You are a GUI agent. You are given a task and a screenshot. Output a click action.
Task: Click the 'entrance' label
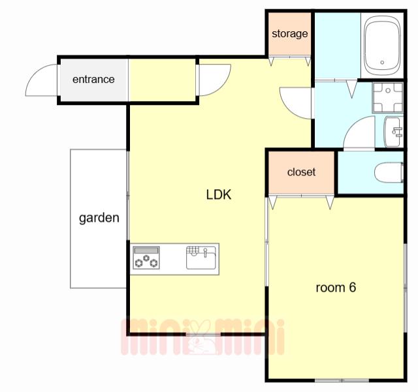coord(93,80)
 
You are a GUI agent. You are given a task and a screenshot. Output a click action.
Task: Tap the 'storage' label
coord(290,34)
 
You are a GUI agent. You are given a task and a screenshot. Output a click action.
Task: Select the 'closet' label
coord(301,172)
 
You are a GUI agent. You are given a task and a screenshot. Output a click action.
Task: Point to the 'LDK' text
coord(219,194)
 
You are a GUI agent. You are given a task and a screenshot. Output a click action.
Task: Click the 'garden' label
coord(99,218)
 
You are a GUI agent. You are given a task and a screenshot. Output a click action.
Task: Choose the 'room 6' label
coord(336,288)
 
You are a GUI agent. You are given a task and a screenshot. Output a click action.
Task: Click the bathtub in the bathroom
coord(382,46)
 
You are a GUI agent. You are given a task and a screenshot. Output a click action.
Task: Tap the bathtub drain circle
coord(382,63)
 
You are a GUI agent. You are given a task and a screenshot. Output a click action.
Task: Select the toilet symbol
coord(389,173)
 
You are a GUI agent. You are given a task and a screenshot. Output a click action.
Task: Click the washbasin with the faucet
coord(393,132)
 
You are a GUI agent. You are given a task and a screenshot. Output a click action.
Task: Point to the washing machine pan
coord(388,97)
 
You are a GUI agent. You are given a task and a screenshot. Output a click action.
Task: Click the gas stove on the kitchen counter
coord(146,258)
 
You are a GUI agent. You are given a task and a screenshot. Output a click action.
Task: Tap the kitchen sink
coord(201,258)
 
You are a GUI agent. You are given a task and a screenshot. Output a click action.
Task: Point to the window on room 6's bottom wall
coord(342,380)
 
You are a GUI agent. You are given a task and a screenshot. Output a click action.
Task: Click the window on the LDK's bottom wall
coord(203,334)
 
